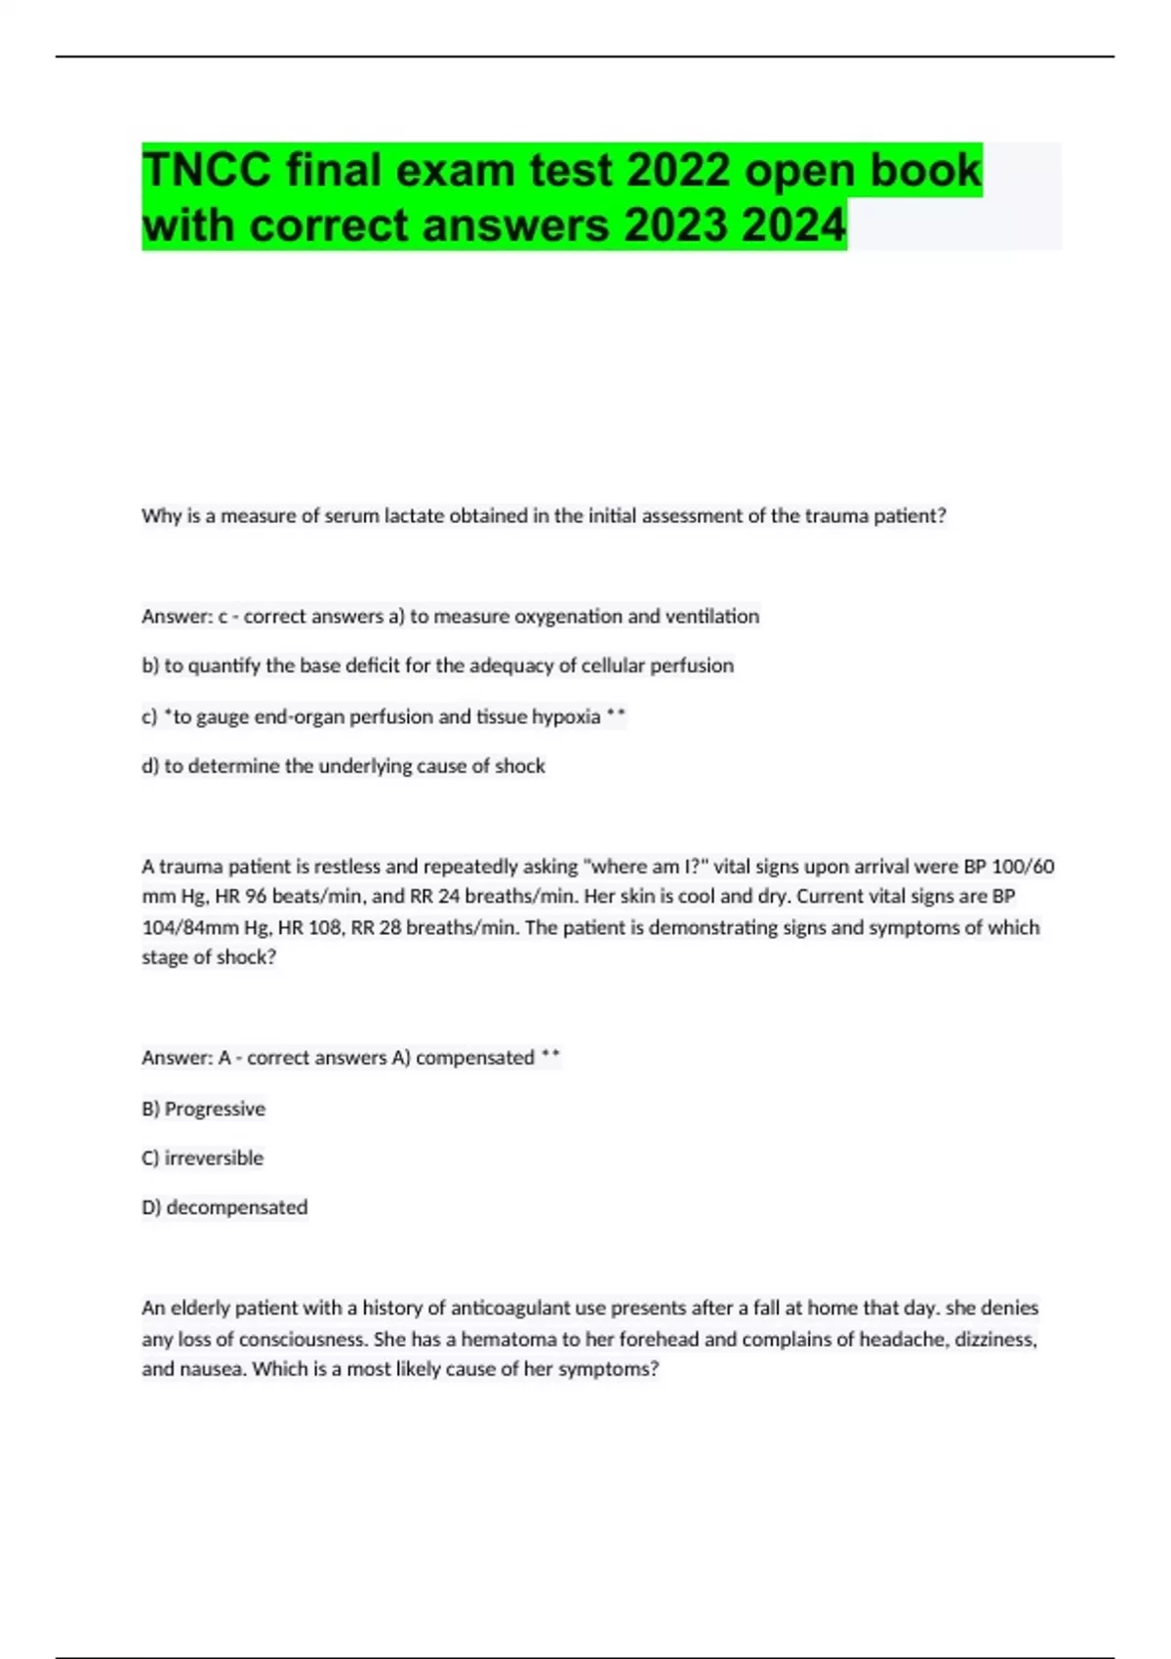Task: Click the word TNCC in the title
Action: tap(206, 171)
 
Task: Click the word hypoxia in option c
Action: tap(566, 716)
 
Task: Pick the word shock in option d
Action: tap(519, 766)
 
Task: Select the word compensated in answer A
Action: tap(475, 1058)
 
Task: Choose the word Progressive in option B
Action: tap(215, 1109)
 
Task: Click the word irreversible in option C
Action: tap(214, 1158)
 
